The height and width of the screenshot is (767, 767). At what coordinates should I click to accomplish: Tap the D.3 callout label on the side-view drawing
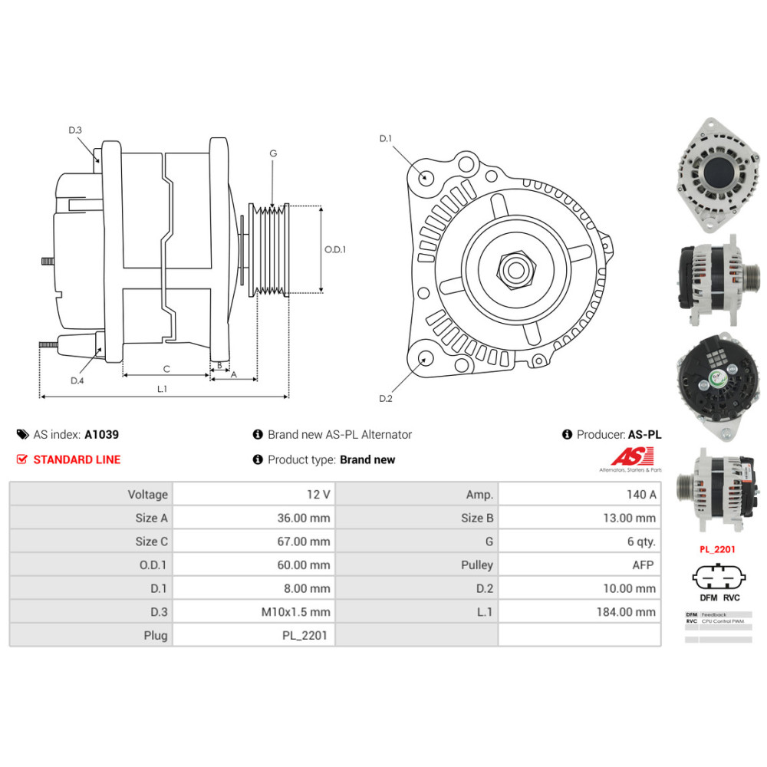(74, 130)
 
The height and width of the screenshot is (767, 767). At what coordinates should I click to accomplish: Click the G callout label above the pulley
(272, 153)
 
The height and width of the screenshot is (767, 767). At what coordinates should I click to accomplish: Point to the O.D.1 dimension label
(335, 249)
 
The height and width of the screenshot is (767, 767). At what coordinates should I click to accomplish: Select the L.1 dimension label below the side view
(162, 389)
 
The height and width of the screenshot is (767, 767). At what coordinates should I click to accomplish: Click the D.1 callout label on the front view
(385, 139)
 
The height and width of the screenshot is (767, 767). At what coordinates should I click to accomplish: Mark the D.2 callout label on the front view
(385, 398)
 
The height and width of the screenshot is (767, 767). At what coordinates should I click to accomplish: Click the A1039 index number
(101, 434)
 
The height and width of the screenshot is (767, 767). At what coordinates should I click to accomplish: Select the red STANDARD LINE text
(77, 459)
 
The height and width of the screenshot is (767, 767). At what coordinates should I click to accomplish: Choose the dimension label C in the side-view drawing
(166, 369)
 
